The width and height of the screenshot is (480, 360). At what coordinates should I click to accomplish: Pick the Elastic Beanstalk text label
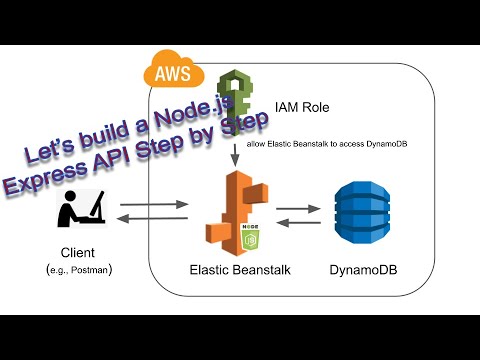pos(234,269)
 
